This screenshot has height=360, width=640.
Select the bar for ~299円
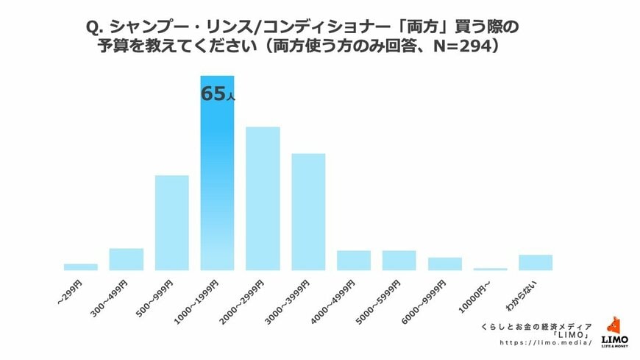click(x=80, y=267)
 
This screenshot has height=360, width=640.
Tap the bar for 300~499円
click(x=126, y=259)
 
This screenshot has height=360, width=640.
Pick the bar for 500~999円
click(x=171, y=222)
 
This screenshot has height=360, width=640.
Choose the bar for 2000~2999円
click(x=263, y=199)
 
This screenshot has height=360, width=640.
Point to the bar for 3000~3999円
click(x=308, y=212)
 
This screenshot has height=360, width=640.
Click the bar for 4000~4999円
click(x=354, y=261)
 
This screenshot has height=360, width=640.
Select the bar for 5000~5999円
click(x=399, y=261)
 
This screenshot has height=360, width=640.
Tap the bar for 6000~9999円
click(x=444, y=264)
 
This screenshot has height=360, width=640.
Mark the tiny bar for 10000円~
click(x=490, y=269)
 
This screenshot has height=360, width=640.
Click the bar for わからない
click(x=535, y=262)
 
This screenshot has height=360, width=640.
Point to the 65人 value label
click(x=217, y=94)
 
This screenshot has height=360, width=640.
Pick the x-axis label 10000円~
click(x=478, y=293)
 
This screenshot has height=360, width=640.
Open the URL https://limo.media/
click(x=545, y=342)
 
